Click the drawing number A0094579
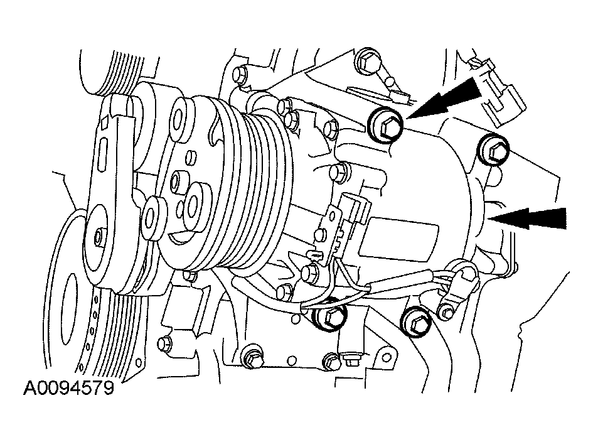coord(68,388)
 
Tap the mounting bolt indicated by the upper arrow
coord(387,126)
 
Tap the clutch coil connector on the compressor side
coord(350,212)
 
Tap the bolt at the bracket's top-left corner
coord(240,74)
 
